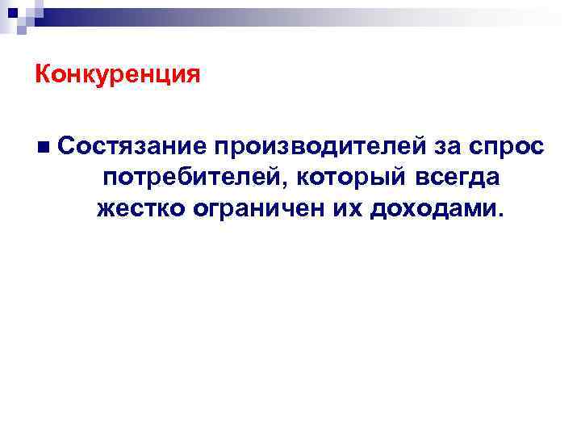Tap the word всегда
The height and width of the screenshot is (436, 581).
456,178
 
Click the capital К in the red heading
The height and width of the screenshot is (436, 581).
44,75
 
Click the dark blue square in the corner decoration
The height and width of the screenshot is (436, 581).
15,14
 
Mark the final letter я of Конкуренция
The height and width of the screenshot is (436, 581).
192,76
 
